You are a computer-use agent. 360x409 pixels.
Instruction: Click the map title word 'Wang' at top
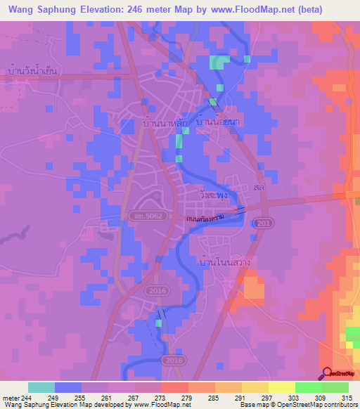(x=20, y=10)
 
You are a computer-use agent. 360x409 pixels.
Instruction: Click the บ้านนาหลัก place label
(x=162, y=123)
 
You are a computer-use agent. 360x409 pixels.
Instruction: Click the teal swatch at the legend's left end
(x=41, y=387)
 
